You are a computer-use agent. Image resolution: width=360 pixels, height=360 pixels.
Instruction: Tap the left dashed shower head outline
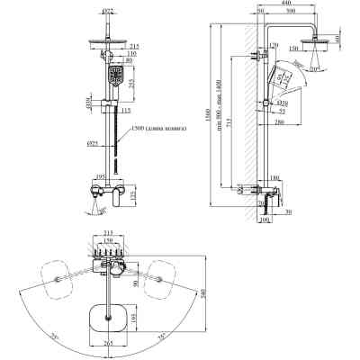tap(59, 274)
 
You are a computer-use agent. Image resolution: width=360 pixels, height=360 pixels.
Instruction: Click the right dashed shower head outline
tap(164, 274)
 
